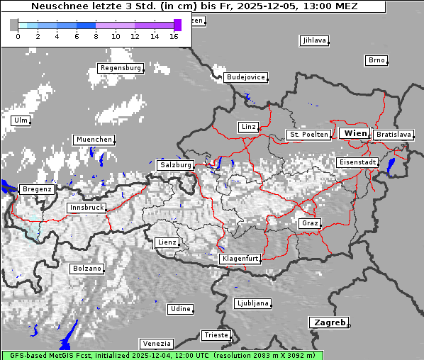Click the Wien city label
[x=355, y=133]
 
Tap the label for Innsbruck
[x=87, y=208]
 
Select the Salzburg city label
[x=176, y=164]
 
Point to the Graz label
[x=309, y=223]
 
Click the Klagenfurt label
[x=240, y=259]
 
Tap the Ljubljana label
[x=252, y=303]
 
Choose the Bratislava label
[x=394, y=134]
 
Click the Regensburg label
[x=120, y=68]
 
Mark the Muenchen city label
[x=93, y=140]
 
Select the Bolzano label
[x=87, y=269]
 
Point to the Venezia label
[x=155, y=344]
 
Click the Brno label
[x=376, y=60]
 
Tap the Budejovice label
[x=245, y=77]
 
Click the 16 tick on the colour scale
[x=174, y=36]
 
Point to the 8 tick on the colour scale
[x=96, y=36]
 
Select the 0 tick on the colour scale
[x=18, y=36]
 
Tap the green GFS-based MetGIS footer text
[x=162, y=355]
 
